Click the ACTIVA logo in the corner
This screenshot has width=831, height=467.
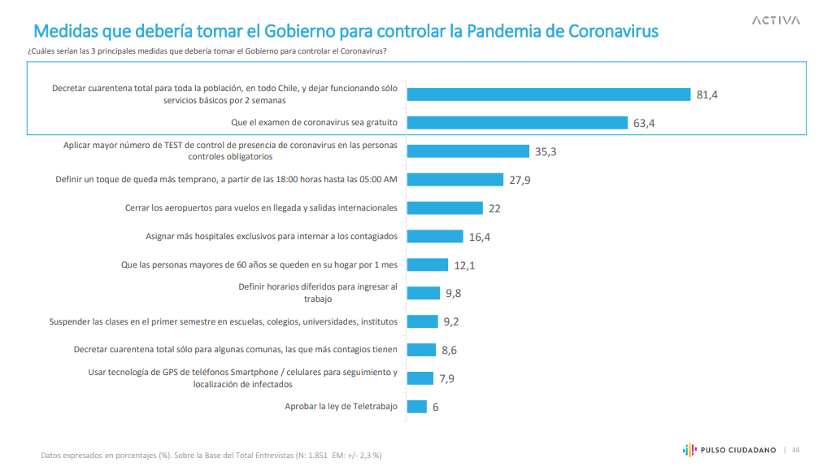click(776, 20)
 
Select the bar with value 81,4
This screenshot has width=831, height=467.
click(548, 94)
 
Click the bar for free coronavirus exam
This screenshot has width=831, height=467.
click(517, 123)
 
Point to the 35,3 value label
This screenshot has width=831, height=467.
click(545, 151)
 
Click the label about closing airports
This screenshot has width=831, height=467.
click(261, 207)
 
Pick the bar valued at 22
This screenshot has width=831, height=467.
click(444, 207)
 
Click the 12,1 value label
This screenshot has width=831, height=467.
click(465, 265)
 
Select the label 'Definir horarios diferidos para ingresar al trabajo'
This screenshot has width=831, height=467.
click(318, 292)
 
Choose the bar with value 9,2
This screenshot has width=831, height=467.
click(421, 321)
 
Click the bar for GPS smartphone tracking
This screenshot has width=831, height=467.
click(420, 378)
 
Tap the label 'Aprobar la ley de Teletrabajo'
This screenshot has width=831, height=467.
click(341, 406)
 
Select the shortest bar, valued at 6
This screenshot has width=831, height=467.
click(416, 406)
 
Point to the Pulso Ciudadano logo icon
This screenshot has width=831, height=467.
click(688, 450)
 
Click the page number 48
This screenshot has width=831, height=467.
click(796, 450)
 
